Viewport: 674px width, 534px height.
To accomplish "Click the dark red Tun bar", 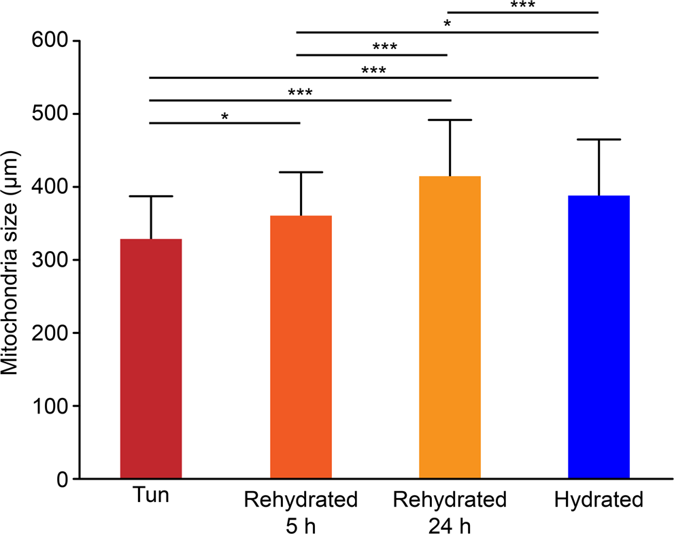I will tap(151, 358).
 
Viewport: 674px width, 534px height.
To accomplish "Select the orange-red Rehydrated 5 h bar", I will tap(301, 347).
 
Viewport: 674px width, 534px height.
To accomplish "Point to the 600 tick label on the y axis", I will tap(53, 41).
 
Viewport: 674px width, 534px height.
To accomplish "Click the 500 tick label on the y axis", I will tap(53, 114).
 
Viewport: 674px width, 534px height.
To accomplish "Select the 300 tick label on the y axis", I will tap(53, 260).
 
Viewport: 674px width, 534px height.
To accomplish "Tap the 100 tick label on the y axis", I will tap(53, 406).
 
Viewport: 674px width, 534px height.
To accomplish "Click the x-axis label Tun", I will tap(150, 499).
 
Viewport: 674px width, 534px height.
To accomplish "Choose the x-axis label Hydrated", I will tap(599, 501).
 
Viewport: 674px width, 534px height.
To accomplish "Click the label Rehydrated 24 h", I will tap(450, 512).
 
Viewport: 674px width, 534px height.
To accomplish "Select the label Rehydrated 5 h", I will tap(301, 512).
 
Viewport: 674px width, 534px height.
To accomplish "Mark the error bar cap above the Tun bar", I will tap(151, 196).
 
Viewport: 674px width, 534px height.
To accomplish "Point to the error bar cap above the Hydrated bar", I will tap(599, 139).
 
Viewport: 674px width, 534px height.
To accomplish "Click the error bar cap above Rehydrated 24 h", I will tap(450, 120).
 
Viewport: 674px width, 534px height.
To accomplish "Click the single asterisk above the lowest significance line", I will tap(224, 116).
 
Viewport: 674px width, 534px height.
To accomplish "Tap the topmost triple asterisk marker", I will tap(522, 5).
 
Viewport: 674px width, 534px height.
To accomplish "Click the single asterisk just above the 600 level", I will tap(447, 24).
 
